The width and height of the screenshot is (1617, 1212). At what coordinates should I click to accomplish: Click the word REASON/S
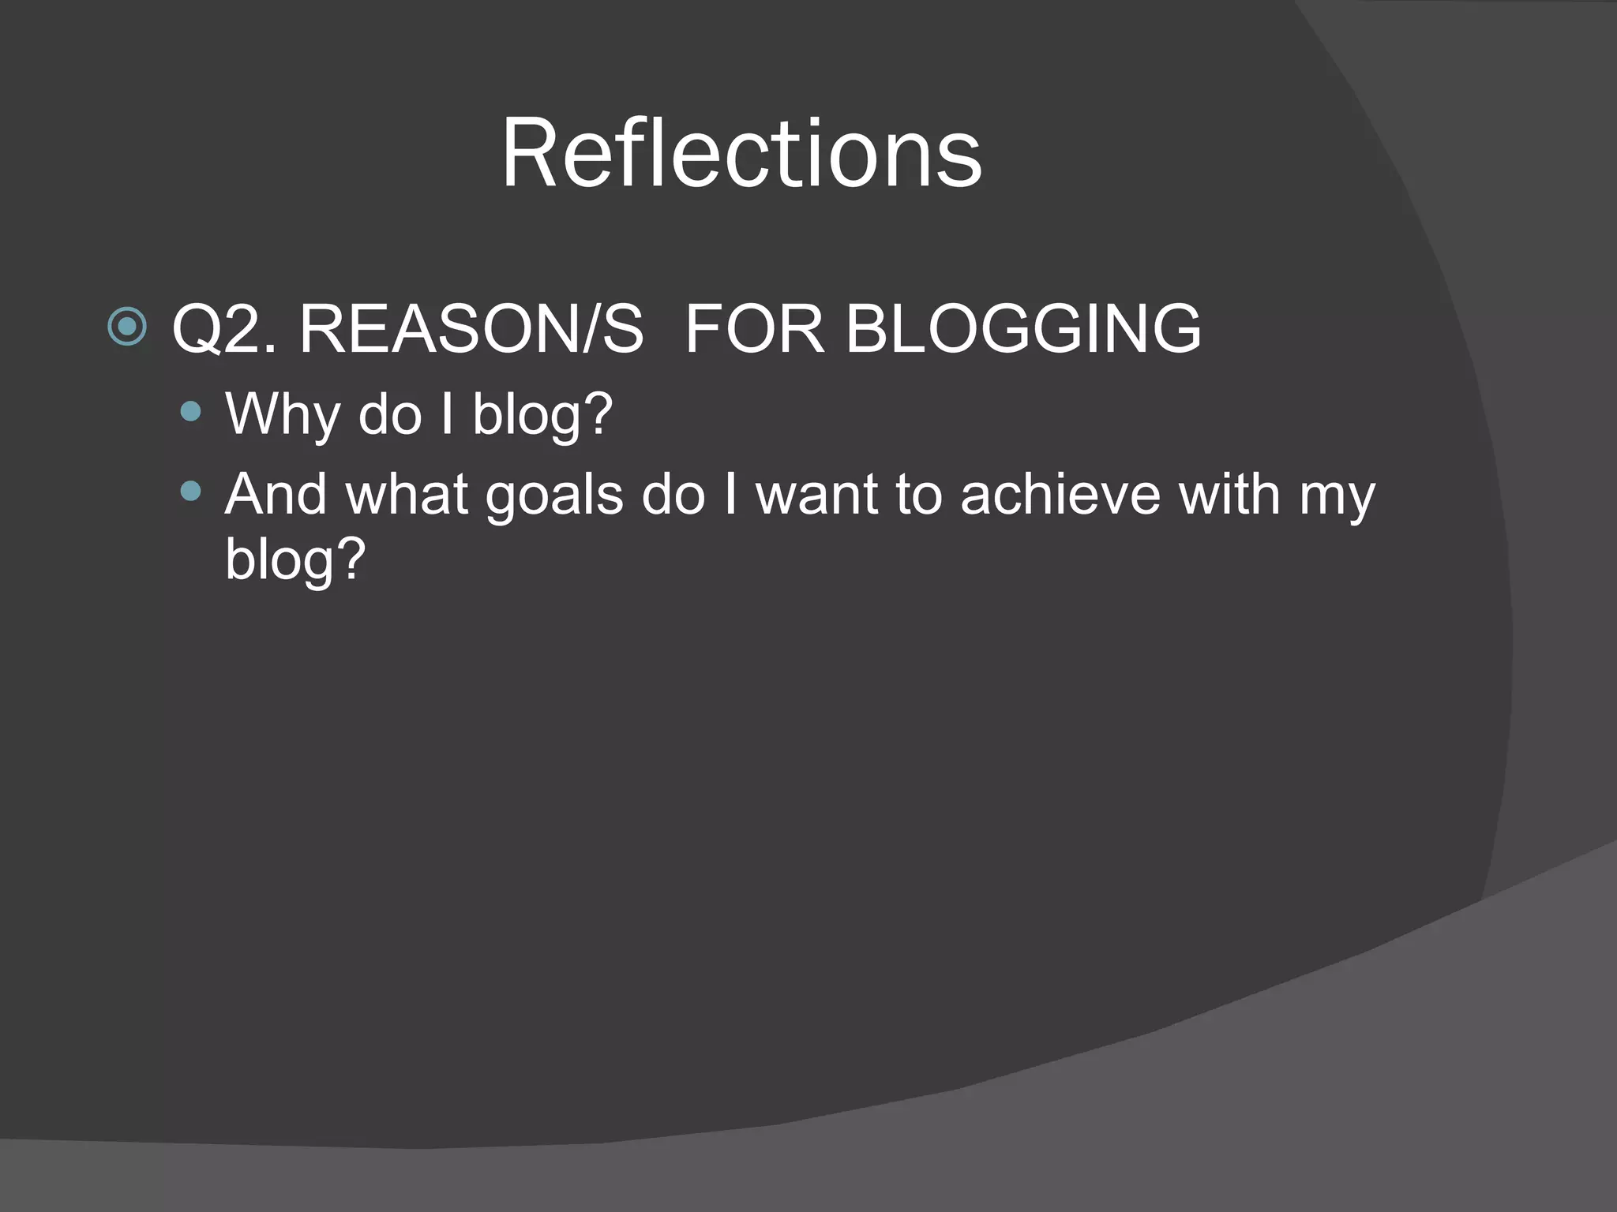coord(471,329)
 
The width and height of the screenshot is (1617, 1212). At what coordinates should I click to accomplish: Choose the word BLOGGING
coord(1023,329)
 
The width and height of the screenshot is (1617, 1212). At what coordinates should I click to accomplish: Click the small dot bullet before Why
coord(190,411)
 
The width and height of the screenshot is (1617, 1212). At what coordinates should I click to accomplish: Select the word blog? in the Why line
coord(542,413)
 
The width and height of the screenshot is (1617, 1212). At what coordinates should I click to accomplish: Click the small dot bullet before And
coord(190,492)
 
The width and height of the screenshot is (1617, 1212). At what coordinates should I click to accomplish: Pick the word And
coord(276,495)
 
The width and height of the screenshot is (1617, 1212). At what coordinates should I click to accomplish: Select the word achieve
coord(1060,495)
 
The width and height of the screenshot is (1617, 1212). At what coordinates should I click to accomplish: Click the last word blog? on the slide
coord(295,559)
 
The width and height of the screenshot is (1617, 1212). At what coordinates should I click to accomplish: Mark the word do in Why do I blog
coord(390,413)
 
